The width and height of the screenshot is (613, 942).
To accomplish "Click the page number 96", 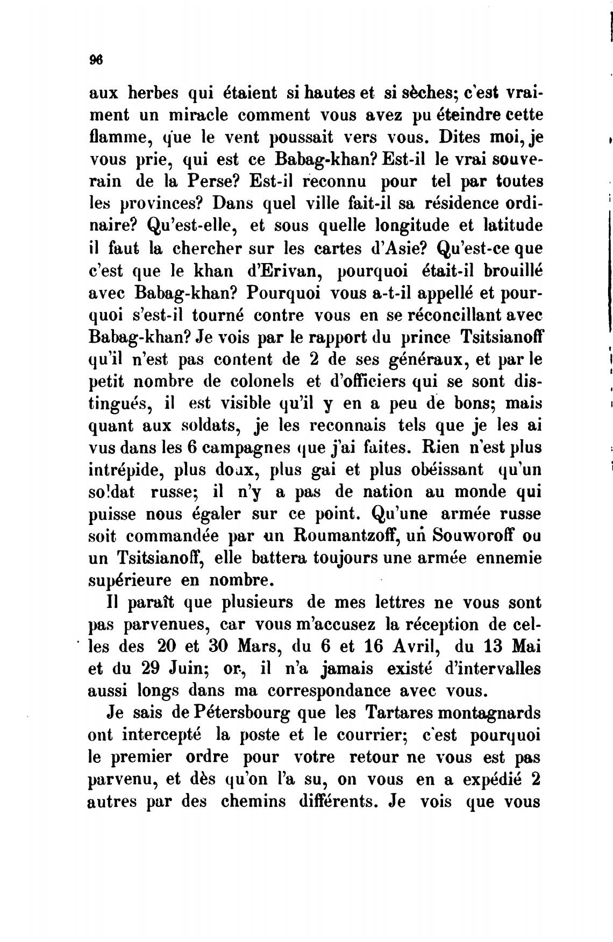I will click(x=97, y=60).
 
